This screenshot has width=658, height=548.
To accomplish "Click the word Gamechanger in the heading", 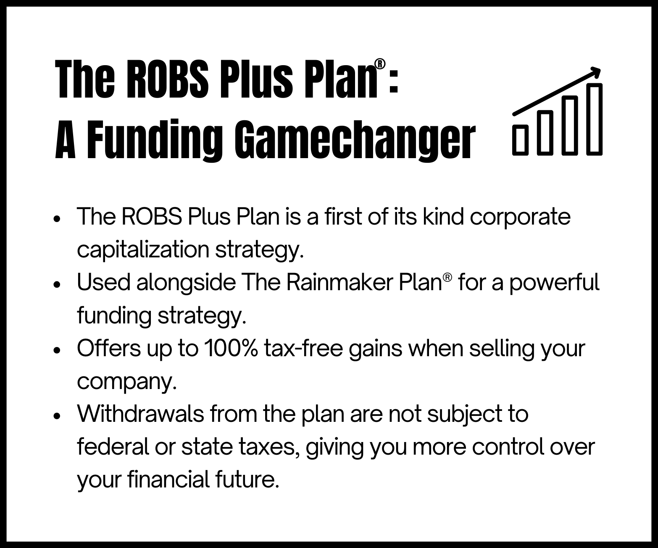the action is click(x=355, y=140).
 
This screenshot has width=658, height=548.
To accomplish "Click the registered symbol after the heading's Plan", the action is click(x=380, y=64).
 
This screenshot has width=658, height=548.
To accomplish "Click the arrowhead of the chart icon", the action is click(x=595, y=73).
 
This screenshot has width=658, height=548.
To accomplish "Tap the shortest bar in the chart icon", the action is click(x=520, y=140).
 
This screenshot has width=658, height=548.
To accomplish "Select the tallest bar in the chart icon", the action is click(x=594, y=119).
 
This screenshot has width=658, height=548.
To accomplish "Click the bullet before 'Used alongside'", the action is click(x=57, y=285).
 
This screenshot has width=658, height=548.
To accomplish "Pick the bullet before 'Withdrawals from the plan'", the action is click(x=57, y=416).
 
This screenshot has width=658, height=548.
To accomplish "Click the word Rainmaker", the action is click(x=340, y=282).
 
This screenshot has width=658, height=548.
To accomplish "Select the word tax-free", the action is click(x=303, y=349).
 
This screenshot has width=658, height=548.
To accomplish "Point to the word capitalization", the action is click(x=143, y=250).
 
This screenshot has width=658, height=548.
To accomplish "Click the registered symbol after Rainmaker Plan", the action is click(x=447, y=277).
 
